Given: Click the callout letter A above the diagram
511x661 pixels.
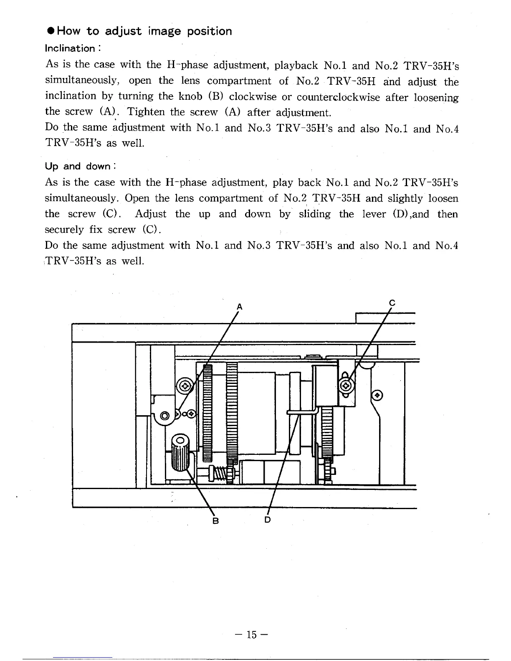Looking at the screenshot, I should click(x=239, y=307).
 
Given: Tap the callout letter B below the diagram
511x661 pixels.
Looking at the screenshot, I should click(x=216, y=521).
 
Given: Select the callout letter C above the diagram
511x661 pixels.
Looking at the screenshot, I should click(x=392, y=303).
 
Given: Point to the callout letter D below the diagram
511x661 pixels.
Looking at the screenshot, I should click(x=268, y=520).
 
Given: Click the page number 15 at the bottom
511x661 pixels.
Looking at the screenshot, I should click(x=251, y=635).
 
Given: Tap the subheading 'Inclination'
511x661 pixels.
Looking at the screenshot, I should click(x=70, y=48).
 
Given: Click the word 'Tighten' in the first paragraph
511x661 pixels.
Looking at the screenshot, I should click(x=146, y=112).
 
